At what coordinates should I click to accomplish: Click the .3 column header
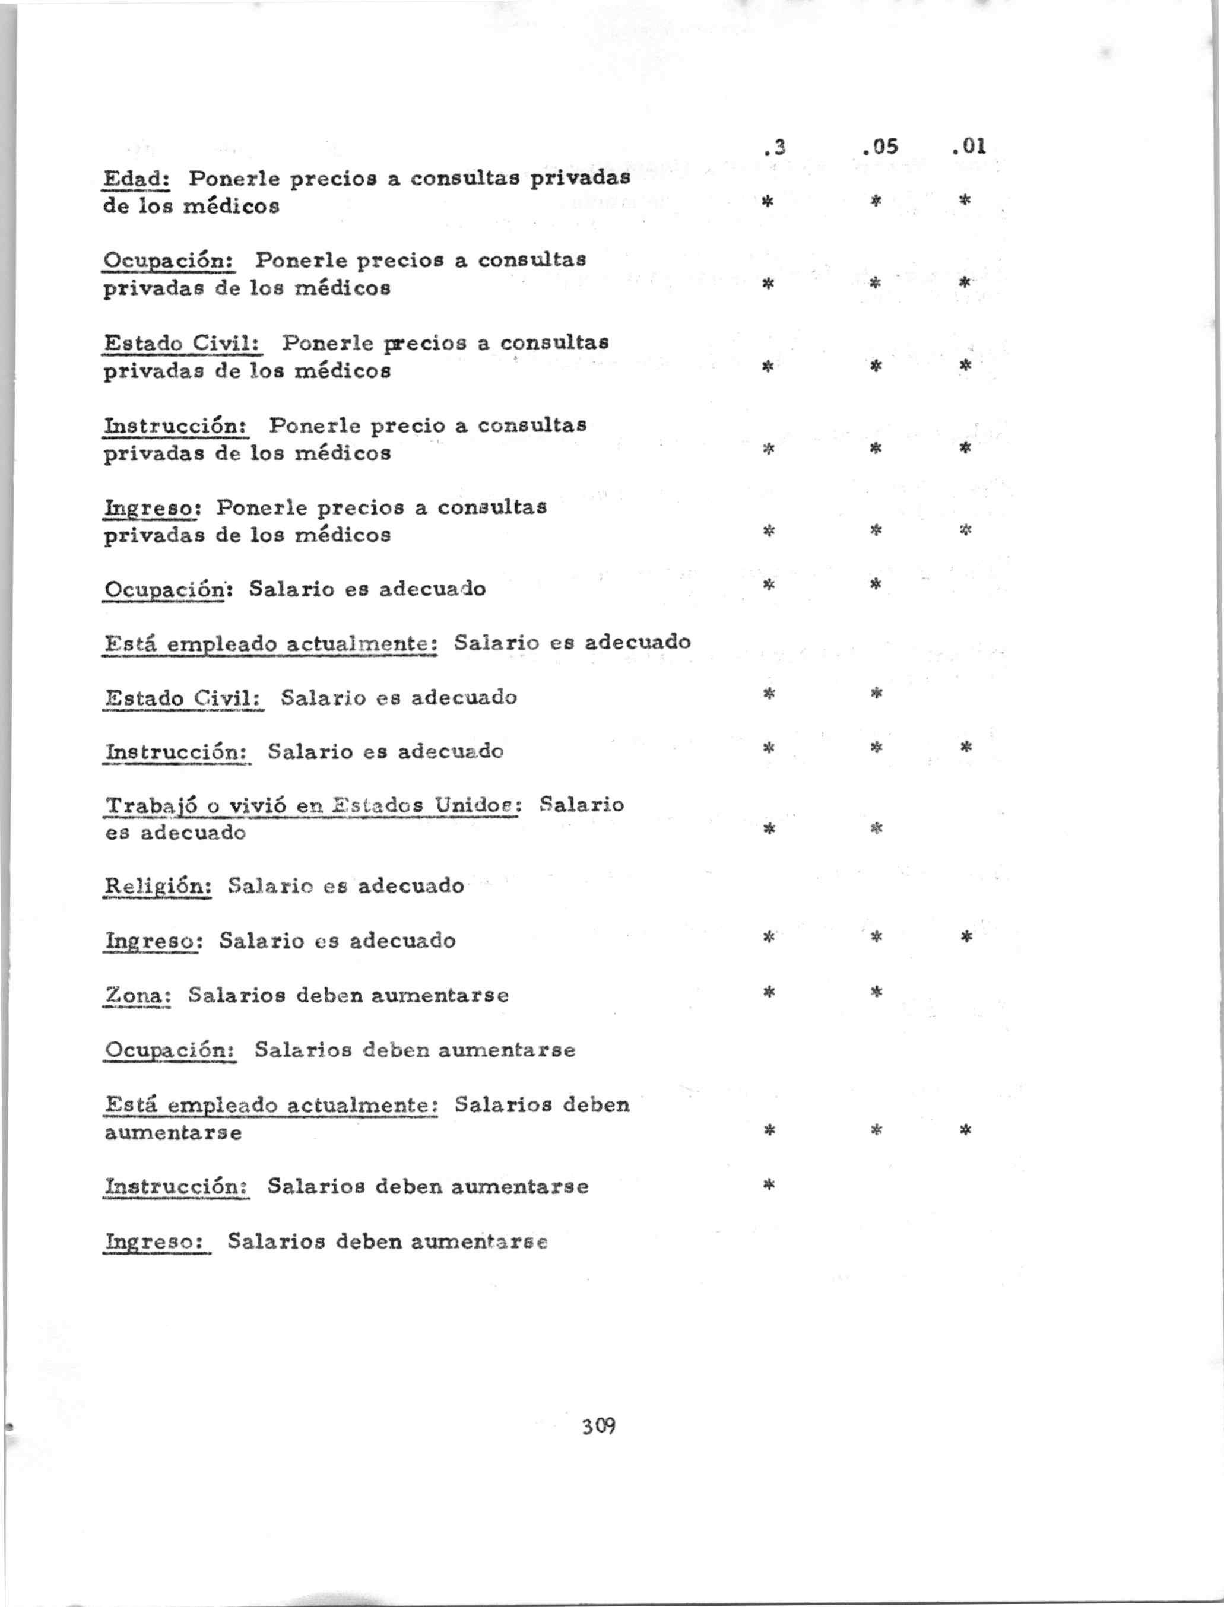coord(773,148)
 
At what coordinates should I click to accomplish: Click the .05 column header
coord(879,148)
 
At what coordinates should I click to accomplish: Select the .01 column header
coord(969,147)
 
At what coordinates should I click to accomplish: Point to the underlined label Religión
coord(158,886)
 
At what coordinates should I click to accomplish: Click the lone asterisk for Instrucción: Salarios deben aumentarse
coord(767,1186)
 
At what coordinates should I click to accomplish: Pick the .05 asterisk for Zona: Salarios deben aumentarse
coord(877,992)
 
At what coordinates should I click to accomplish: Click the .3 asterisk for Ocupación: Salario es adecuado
coord(767,585)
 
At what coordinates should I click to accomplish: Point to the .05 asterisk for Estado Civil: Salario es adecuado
coord(877,693)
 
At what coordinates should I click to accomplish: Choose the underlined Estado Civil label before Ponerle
coord(183,342)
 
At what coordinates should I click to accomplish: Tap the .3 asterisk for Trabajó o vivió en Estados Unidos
coord(767,828)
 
